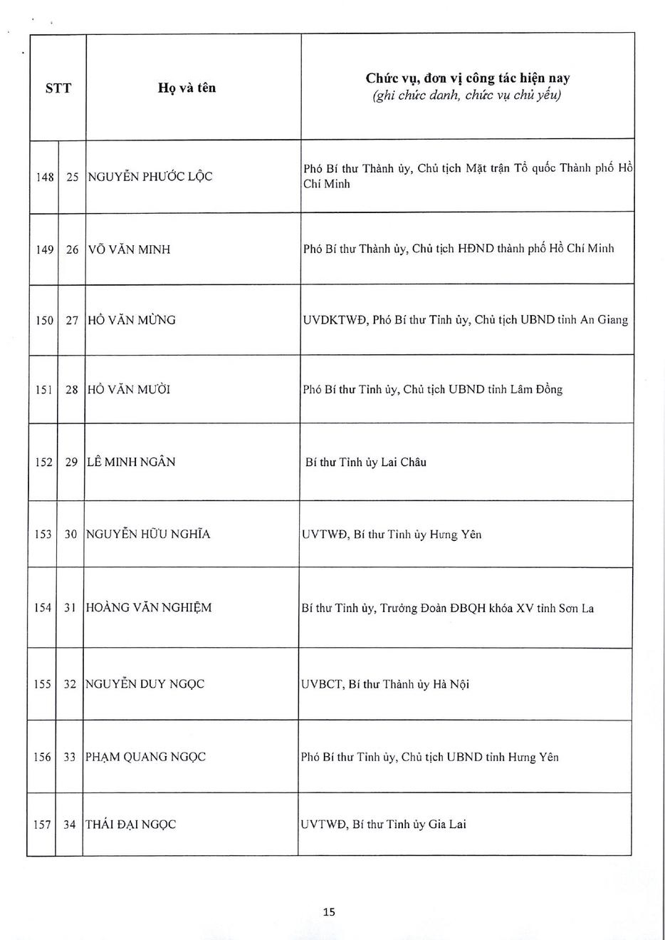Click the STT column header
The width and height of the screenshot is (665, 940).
(58, 88)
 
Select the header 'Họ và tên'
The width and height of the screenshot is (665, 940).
(187, 88)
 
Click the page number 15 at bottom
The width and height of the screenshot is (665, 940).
(329, 911)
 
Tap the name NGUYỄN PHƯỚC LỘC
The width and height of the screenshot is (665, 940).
(150, 177)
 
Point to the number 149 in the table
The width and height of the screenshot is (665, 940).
(44, 249)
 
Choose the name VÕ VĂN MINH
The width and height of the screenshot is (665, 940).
(129, 249)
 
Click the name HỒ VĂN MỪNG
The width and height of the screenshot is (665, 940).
(131, 320)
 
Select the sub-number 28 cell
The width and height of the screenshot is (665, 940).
(72, 390)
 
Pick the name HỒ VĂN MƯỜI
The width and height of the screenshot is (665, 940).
(129, 390)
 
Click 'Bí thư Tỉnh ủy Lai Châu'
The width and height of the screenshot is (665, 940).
(366, 463)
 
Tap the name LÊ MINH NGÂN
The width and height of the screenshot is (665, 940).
(130, 463)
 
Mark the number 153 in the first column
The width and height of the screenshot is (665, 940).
(43, 534)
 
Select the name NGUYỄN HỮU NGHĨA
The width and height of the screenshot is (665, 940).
(148, 534)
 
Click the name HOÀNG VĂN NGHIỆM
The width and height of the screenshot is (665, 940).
(149, 608)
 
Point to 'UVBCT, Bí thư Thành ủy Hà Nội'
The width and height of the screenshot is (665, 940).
(385, 685)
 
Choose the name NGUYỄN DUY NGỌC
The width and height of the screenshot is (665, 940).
(145, 684)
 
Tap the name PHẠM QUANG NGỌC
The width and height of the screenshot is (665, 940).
(145, 757)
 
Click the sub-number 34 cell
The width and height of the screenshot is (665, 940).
(69, 825)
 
